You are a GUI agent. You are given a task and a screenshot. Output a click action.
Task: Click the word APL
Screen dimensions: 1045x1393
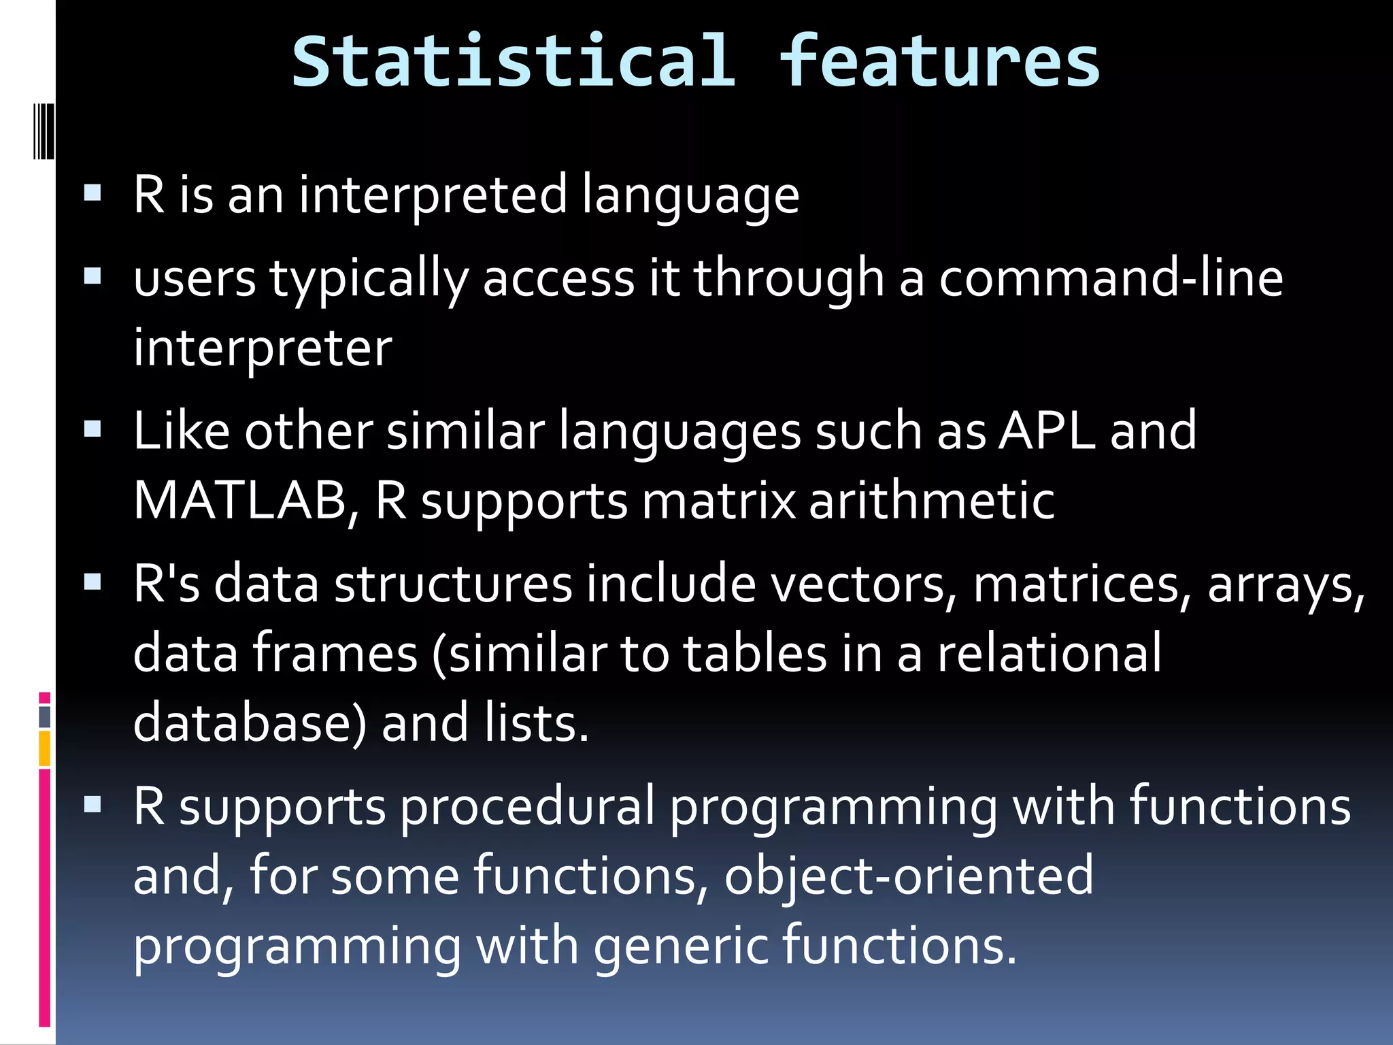pyautogui.click(x=1046, y=431)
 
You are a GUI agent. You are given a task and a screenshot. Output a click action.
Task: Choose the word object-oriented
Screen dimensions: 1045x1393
pyautogui.click(x=908, y=876)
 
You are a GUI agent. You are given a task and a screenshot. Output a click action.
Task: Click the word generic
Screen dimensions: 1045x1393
pyautogui.click(x=680, y=946)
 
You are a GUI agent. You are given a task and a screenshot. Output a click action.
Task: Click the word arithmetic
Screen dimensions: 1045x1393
pyautogui.click(x=931, y=501)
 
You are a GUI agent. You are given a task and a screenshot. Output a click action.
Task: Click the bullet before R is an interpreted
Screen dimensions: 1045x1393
pyautogui.click(x=93, y=194)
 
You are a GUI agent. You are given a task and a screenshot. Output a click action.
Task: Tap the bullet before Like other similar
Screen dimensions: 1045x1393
pyautogui.click(x=93, y=430)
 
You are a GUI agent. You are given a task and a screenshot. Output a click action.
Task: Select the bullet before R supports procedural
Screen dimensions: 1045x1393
pyautogui.click(x=93, y=806)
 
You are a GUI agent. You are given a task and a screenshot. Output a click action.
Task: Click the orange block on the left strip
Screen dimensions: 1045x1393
pyautogui.click(x=45, y=748)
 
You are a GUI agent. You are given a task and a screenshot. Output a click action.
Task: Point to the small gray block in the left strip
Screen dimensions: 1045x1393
pyautogui.click(x=45, y=716)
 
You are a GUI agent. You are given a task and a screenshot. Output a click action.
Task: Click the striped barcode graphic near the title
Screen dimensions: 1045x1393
pyautogui.click(x=44, y=131)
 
